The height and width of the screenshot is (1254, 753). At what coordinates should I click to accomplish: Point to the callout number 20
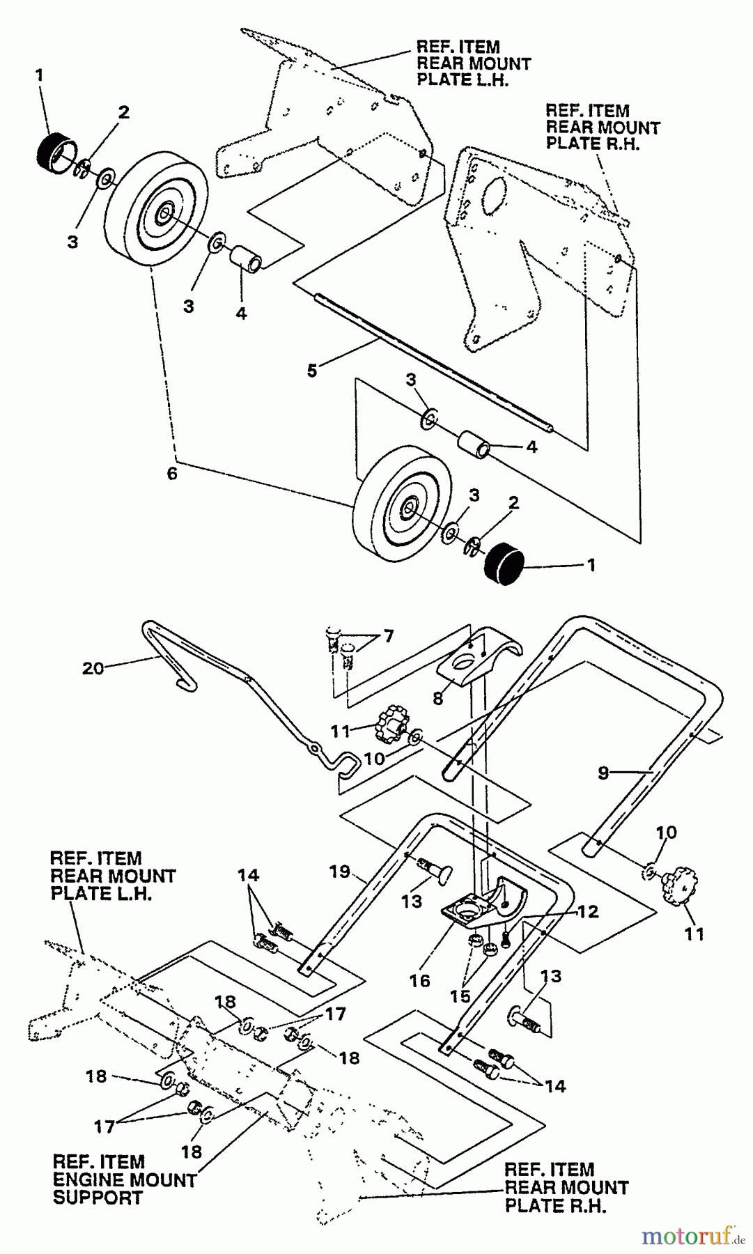click(93, 668)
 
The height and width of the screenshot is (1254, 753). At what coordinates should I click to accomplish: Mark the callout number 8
click(437, 698)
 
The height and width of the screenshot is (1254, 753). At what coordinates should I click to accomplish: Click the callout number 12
click(589, 912)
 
